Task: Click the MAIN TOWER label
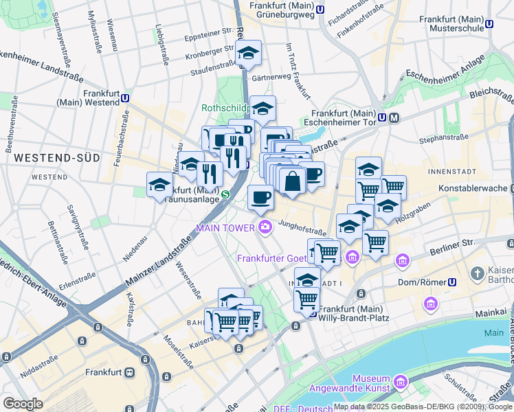click(225, 227)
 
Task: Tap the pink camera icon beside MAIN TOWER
click(265, 227)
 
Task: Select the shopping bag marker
click(293, 181)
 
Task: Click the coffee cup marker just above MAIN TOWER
click(260, 198)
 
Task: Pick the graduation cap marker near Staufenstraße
click(248, 53)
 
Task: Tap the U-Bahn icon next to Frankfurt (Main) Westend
click(126, 98)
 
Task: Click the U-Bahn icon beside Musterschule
click(489, 23)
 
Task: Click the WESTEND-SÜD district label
click(56, 158)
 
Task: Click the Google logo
click(23, 404)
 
